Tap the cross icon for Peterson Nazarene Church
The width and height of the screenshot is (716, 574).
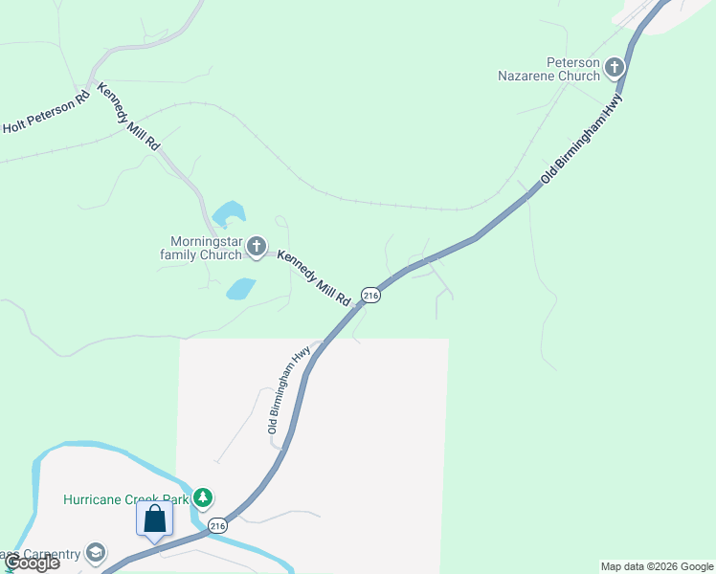point(614,67)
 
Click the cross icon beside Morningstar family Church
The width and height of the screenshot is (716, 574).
point(256,247)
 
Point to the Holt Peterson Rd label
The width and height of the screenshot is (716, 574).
point(46,111)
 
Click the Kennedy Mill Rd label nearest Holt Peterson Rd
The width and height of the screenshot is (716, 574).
point(127,117)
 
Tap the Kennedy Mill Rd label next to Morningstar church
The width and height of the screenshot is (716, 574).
point(313,278)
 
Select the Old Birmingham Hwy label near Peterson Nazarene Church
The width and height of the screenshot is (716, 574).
point(582,138)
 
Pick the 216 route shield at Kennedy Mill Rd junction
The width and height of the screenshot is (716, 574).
point(371,296)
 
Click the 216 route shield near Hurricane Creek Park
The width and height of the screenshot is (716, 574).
point(218,526)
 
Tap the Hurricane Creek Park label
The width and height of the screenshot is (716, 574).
point(125,499)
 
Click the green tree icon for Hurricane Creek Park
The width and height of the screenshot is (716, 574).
point(202,497)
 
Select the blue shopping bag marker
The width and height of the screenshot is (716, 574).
point(154,520)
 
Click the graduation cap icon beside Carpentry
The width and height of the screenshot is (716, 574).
point(95,552)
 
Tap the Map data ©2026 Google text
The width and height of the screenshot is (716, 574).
point(657,566)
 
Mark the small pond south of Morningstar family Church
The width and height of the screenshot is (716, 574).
point(240,288)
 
